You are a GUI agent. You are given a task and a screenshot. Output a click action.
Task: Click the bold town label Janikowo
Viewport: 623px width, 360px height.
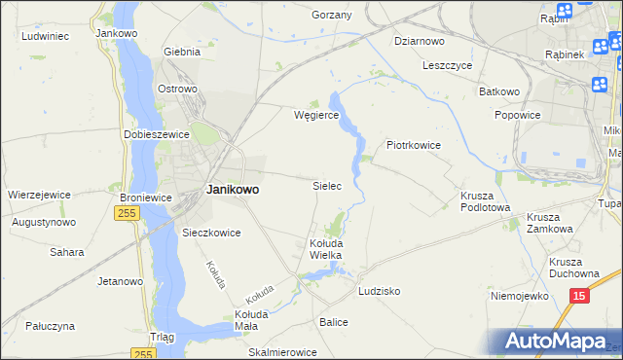[x=233, y=190]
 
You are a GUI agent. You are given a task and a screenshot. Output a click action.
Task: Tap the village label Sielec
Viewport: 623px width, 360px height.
[x=325, y=185]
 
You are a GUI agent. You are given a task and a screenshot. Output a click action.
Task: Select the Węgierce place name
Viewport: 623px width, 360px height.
[x=316, y=115]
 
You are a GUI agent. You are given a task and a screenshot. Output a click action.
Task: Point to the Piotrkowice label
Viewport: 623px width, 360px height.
[x=414, y=145]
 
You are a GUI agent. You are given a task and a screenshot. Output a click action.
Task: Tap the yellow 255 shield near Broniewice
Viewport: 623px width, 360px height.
[x=126, y=213]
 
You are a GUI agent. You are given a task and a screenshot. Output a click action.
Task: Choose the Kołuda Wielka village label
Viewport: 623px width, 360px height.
[x=325, y=248]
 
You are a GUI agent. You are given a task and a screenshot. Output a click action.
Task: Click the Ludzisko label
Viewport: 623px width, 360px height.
[x=379, y=291]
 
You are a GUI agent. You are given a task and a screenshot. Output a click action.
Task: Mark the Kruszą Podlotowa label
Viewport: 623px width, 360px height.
[x=485, y=199]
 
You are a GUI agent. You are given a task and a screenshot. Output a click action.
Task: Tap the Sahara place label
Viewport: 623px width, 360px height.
[x=66, y=252]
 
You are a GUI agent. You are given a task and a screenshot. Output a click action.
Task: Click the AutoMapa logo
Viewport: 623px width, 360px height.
[x=555, y=342]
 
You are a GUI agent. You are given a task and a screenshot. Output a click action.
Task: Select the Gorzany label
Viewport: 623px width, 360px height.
[x=331, y=16]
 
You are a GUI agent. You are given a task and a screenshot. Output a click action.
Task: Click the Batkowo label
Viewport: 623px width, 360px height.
[x=498, y=91]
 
